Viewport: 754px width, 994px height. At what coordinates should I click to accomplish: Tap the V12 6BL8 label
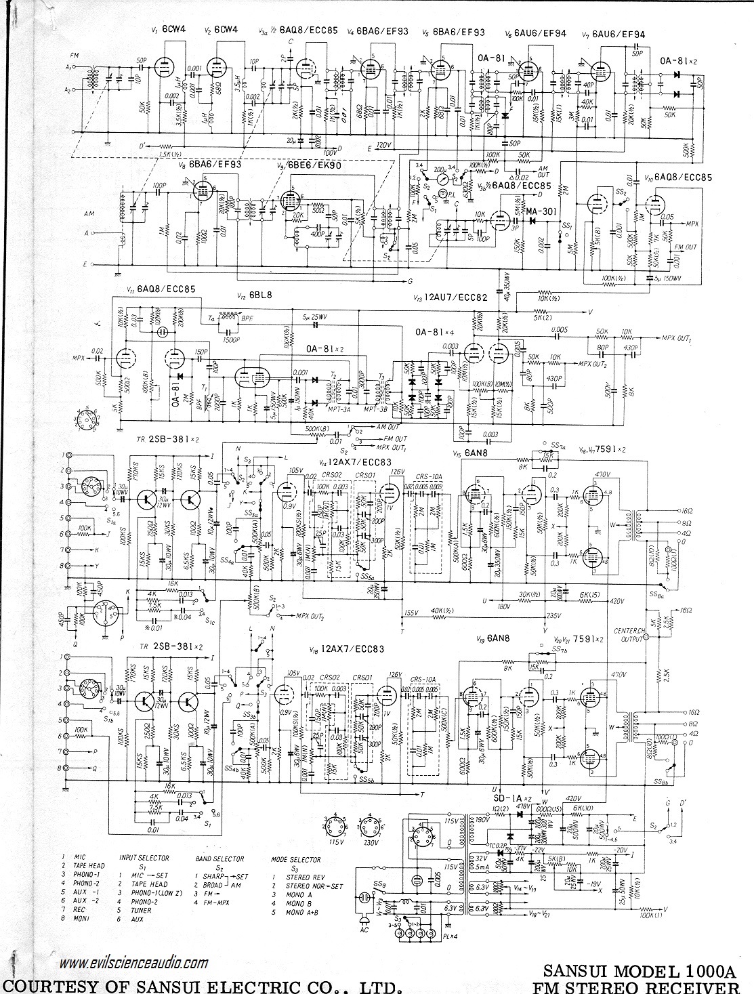pyautogui.click(x=251, y=296)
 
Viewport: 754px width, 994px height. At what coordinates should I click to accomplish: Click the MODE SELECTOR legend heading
pyautogui.click(x=296, y=860)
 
